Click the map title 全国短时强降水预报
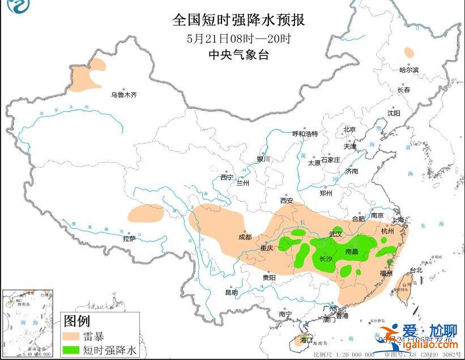[x=238, y=21]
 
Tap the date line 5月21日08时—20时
[x=238, y=39]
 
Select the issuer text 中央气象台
[x=238, y=55]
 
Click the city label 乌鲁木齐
[x=123, y=95]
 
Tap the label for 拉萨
[x=130, y=239]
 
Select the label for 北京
[x=349, y=129]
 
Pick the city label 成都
[x=245, y=236]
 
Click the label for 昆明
[x=232, y=293]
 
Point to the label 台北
[x=416, y=270]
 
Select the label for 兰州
[x=243, y=183]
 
